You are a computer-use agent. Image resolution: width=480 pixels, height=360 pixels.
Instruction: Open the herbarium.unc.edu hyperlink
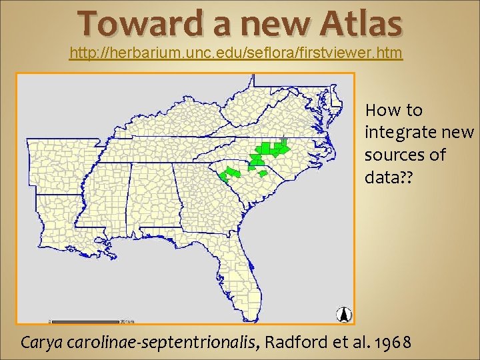pos(236,53)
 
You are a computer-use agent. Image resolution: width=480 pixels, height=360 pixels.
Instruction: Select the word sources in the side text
pos(396,155)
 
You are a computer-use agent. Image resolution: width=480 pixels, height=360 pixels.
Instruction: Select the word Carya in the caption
pos(42,343)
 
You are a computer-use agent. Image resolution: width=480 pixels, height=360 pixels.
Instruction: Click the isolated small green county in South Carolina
pos(263,173)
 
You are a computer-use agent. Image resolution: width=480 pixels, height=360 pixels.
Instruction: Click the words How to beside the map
pos(394,109)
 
